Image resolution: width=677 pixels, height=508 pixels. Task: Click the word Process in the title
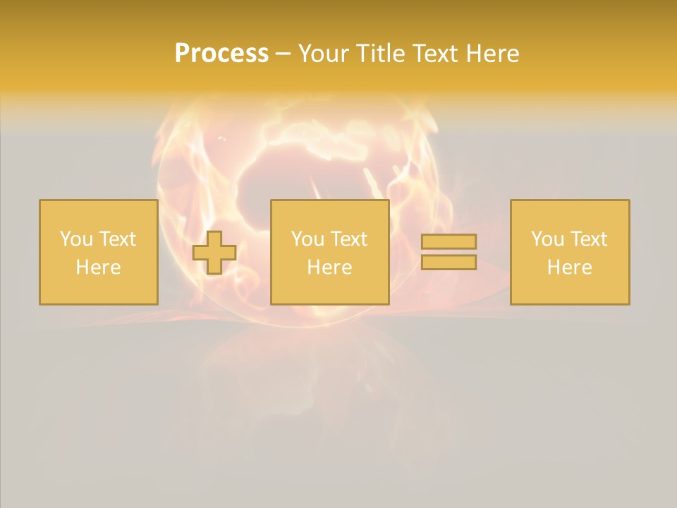pyautogui.click(x=221, y=54)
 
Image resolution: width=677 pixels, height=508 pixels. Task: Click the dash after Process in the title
pyautogui.click(x=283, y=54)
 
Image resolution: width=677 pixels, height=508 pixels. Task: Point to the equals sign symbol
pyautogui.click(x=449, y=252)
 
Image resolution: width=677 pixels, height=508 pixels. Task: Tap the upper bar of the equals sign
pyautogui.click(x=449, y=242)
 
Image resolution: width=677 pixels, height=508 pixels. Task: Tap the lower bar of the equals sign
pyautogui.click(x=449, y=262)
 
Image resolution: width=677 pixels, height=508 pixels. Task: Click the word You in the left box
pyautogui.click(x=76, y=239)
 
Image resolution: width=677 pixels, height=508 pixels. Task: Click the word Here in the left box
pyautogui.click(x=98, y=267)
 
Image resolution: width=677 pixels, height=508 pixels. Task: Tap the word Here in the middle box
pyautogui.click(x=329, y=267)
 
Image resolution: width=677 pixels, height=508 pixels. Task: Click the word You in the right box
pyautogui.click(x=547, y=239)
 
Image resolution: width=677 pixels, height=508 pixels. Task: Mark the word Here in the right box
pyautogui.click(x=569, y=267)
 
